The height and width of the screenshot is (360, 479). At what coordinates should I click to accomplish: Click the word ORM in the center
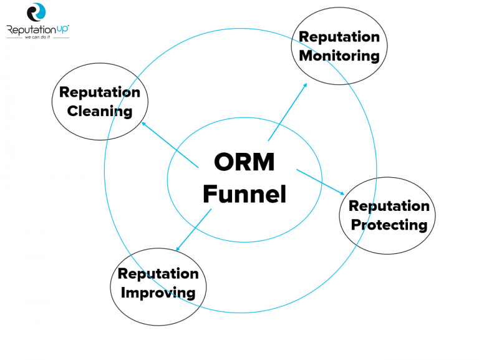click(x=244, y=162)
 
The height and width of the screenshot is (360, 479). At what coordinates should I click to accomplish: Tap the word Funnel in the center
click(x=244, y=194)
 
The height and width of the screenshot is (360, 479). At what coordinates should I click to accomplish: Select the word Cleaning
click(x=100, y=112)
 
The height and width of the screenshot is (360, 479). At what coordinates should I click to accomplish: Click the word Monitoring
click(x=339, y=56)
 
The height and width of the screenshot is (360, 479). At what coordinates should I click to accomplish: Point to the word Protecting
click(x=389, y=225)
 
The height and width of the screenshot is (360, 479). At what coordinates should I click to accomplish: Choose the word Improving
click(x=158, y=292)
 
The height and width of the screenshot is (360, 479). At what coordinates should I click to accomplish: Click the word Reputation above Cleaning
click(x=100, y=92)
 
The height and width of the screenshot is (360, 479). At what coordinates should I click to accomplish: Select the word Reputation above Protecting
click(x=389, y=206)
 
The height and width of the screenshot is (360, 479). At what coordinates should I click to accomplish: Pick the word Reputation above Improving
click(x=158, y=273)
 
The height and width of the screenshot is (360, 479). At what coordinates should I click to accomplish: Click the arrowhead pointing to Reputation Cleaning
click(x=144, y=123)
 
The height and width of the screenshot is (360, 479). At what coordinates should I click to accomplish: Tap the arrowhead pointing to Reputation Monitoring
click(x=305, y=84)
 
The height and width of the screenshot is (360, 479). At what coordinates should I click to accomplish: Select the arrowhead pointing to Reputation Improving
click(x=178, y=250)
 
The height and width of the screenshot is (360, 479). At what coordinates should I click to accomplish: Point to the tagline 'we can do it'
click(x=37, y=37)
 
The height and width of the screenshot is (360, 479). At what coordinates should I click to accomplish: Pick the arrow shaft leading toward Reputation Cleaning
click(x=172, y=145)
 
